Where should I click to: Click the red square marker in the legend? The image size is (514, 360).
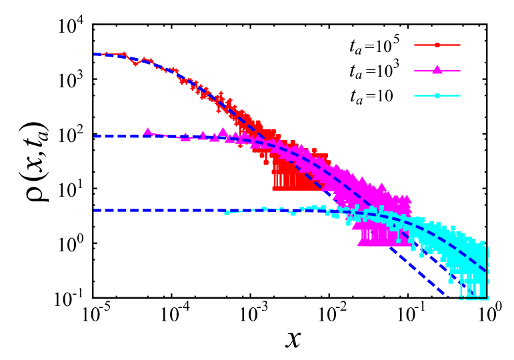tap(437, 45)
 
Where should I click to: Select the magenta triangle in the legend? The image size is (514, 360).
tap(437, 70)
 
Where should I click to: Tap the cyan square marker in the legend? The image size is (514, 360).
tap(437, 95)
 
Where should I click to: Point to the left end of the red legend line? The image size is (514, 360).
tap(415, 45)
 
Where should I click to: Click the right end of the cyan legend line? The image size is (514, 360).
tap(460, 95)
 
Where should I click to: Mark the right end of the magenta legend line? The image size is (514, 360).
tap(460, 71)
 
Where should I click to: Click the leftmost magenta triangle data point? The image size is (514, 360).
tap(147, 132)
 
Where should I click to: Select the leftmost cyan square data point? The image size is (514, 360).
tap(227, 213)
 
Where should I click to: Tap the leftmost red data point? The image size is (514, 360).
tap(105, 54)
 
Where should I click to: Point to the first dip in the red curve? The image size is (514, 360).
tap(135, 64)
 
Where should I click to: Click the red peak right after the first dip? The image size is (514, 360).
tap(144, 59)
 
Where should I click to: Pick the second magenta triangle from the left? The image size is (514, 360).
tap(185, 137)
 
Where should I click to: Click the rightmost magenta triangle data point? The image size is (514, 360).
tap(407, 199)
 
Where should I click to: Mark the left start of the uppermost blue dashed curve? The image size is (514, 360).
tap(95, 54)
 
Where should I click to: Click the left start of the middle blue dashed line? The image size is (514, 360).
tap(95, 136)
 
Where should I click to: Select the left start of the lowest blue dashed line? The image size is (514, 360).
tap(95, 210)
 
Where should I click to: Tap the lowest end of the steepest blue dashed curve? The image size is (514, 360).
tap(448, 298)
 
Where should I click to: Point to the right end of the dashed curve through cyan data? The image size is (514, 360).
tap(485, 271)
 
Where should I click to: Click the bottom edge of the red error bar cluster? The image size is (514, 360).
tap(297, 189)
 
